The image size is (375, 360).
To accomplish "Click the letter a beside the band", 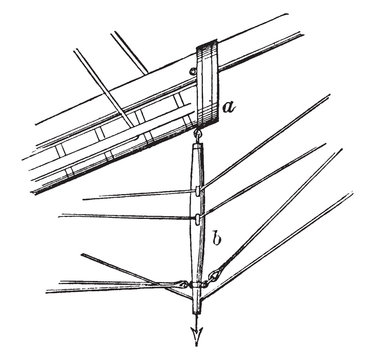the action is pos(229,107).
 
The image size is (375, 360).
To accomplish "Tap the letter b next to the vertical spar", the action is pos(217,238).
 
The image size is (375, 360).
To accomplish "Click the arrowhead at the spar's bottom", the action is pos(196,335).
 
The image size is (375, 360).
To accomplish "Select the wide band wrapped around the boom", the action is pos(207,84).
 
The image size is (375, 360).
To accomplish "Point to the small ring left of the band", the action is pos(192,71).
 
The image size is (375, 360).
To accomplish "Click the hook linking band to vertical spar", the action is pos(196,135).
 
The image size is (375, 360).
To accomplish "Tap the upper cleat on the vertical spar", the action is pos(198,190).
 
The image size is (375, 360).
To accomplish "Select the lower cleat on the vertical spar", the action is pos(198,219).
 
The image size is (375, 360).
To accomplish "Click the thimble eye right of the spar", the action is pos(212,276).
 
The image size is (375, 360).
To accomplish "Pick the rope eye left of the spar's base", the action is pos(183,284).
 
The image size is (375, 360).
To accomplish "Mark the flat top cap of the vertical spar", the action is pos(196,145).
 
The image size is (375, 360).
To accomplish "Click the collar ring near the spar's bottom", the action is pos(196,285).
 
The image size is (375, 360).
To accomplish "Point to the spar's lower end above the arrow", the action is pos(196,307).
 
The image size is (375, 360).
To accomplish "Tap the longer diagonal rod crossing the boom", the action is pos(104,88).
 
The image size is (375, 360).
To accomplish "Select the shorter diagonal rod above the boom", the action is pos(129,53).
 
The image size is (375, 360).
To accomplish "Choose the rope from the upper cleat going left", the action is pos(139,195).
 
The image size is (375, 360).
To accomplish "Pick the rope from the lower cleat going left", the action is pos(127,217).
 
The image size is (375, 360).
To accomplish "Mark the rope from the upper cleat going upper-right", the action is pos(265,142).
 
